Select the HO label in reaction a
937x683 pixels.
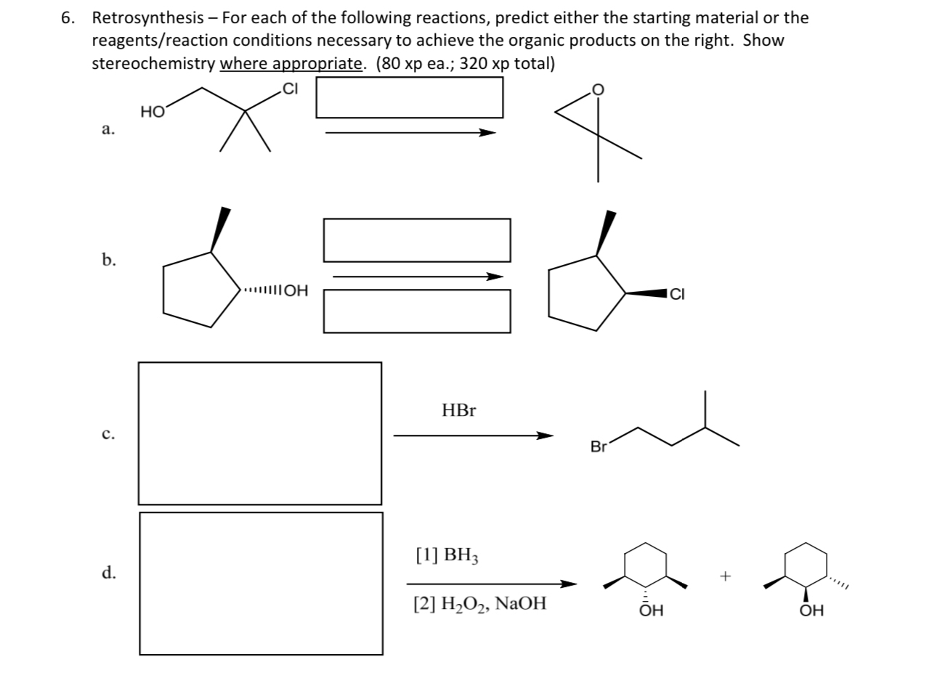coord(153,112)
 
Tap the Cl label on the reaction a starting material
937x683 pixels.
coord(290,89)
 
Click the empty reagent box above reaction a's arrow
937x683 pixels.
coord(409,97)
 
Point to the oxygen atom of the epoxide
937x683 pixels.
coord(598,89)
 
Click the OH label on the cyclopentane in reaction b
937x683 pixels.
coord(295,292)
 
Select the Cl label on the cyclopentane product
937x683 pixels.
coord(677,294)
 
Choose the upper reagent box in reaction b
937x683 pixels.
coord(416,240)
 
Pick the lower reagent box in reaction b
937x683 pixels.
coord(416,311)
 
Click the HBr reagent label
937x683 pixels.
coord(459,411)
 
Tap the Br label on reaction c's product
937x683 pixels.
coord(599,447)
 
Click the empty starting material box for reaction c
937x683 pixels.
coord(259,433)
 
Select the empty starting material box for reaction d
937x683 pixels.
coord(261,583)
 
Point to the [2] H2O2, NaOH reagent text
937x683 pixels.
coord(480,603)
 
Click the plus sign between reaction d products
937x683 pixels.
coord(724,576)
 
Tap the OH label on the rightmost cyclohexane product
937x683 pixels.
coord(811,611)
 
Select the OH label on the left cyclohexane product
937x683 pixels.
coord(651,611)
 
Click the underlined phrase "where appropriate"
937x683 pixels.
coord(291,63)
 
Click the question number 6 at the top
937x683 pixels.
coord(68,17)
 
